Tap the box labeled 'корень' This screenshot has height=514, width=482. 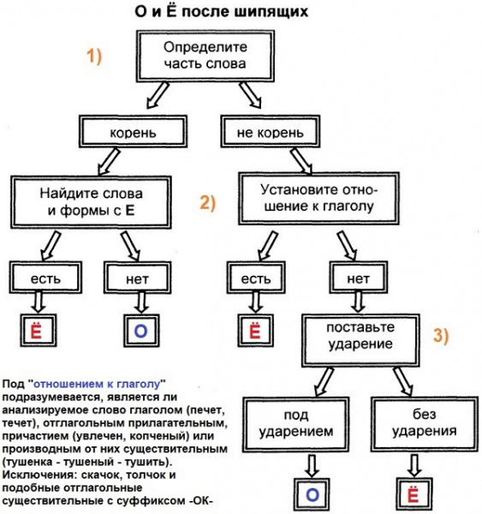[132, 132]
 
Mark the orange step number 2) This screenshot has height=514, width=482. [210, 202]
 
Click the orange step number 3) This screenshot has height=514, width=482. [439, 337]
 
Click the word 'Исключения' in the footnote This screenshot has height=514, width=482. [38, 474]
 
